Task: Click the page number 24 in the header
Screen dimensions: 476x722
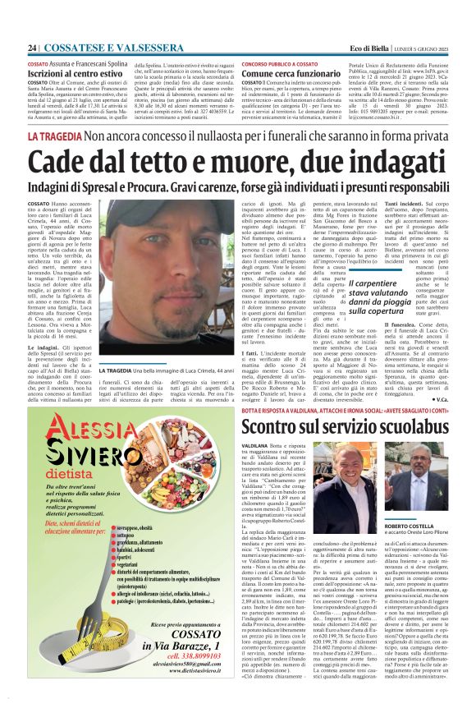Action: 32,48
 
